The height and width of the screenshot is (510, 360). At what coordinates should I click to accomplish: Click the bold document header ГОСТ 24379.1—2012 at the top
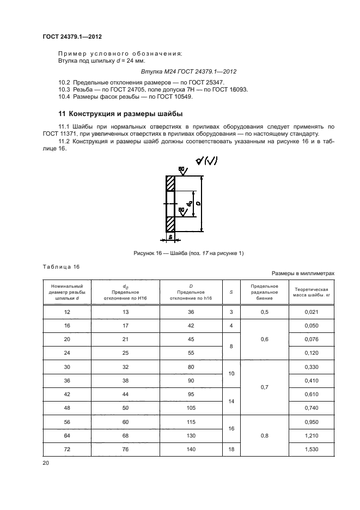[x=72, y=37]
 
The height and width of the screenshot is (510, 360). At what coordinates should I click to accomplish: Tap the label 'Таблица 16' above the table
[x=61, y=266]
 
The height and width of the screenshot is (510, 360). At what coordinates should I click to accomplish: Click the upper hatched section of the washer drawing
[x=170, y=183]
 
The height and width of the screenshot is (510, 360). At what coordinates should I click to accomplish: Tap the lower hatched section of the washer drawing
[x=170, y=223]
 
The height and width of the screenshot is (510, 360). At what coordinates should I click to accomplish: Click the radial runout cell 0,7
[x=265, y=387]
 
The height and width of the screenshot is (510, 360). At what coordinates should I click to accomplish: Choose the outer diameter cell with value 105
[x=191, y=407]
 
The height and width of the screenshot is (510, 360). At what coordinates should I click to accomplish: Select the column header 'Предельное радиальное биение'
[x=265, y=292]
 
